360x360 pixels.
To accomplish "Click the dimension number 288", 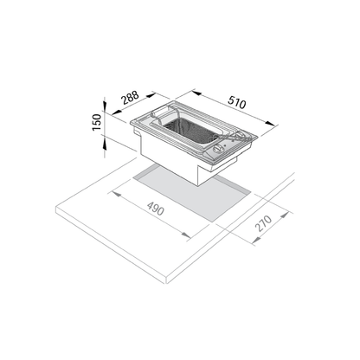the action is (x=131, y=98).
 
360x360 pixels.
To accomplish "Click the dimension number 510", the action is (x=237, y=102).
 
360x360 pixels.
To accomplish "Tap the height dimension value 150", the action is (x=97, y=122).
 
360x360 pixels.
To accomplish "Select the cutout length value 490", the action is (x=156, y=209).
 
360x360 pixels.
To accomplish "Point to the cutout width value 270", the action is (x=264, y=222).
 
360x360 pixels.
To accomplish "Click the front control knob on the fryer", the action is (x=218, y=149).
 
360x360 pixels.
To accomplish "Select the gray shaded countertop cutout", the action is (x=193, y=192).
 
